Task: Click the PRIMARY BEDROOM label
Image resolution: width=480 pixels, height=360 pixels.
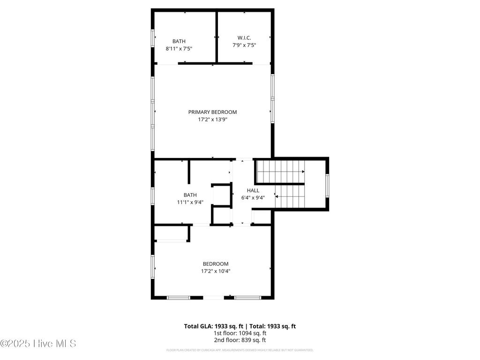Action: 212,112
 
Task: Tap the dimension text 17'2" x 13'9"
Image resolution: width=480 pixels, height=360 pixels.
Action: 212,120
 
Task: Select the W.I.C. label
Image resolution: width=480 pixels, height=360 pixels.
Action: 244,38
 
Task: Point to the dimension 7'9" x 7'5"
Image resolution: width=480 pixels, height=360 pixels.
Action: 244,45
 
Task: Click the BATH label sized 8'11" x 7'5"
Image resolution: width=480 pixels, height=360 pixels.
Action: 179,41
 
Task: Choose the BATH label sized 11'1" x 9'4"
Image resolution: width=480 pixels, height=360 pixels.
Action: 190,195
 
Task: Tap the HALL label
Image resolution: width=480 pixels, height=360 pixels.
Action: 253,190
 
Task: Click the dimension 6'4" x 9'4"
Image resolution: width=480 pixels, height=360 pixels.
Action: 253,197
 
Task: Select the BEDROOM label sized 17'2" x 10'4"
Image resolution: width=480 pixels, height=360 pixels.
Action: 215,264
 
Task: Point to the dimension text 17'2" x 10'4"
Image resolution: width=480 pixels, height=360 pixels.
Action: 215,271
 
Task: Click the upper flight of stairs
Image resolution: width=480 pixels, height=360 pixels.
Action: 280,172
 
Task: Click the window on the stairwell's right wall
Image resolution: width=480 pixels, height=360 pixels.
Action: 327,186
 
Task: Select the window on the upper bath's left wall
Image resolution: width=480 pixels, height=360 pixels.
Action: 152,38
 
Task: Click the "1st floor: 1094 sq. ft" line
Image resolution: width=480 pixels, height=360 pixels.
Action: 240,333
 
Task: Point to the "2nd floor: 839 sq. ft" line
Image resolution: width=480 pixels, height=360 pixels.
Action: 240,340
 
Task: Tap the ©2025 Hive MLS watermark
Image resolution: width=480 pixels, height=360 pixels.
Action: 38,344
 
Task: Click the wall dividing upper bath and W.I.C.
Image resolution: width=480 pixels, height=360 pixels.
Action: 217,37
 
